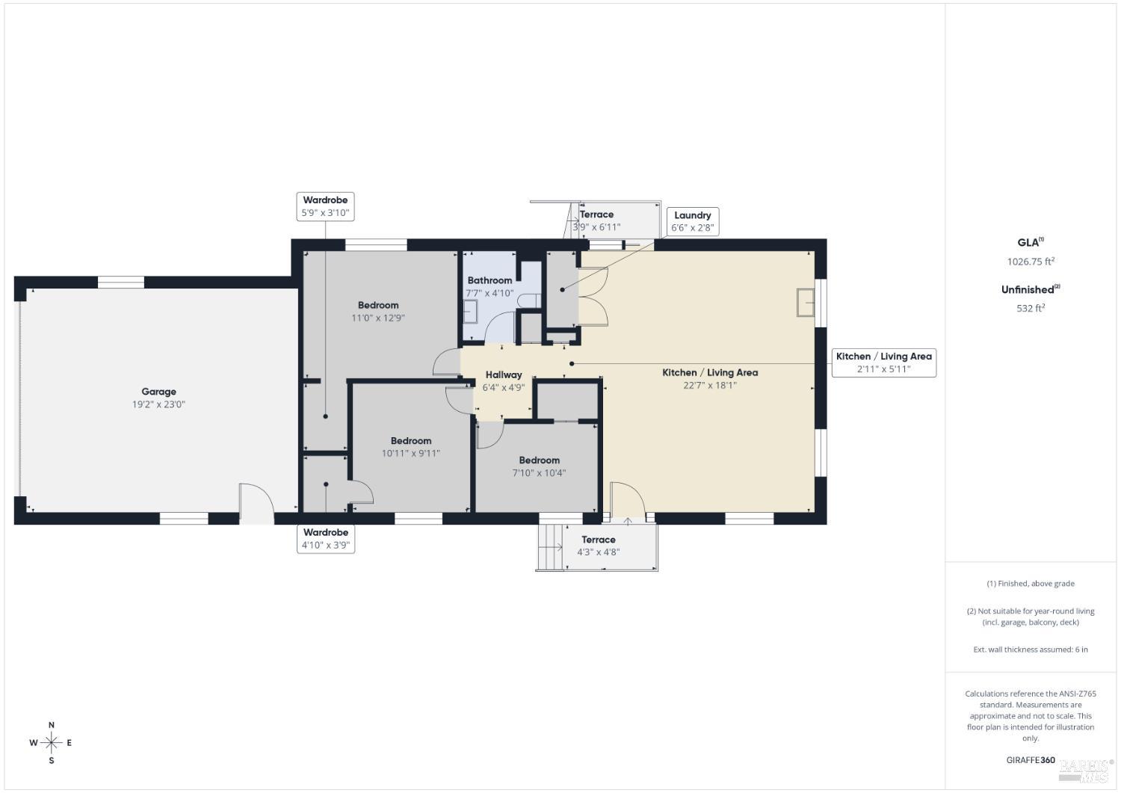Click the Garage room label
(x=158, y=392)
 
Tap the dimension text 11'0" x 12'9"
(x=377, y=318)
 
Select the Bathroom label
(x=490, y=280)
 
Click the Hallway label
(x=503, y=375)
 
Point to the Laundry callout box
(x=692, y=221)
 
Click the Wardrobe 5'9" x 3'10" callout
(x=325, y=206)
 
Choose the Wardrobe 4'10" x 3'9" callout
(x=325, y=539)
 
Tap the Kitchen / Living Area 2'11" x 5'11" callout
(x=883, y=362)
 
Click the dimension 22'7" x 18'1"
(x=709, y=386)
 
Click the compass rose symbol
(x=52, y=743)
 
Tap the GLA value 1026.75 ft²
(x=1030, y=262)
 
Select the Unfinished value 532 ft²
(x=1030, y=308)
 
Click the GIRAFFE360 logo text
(x=1031, y=760)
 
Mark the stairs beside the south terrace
(x=549, y=547)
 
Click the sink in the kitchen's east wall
(x=806, y=302)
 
